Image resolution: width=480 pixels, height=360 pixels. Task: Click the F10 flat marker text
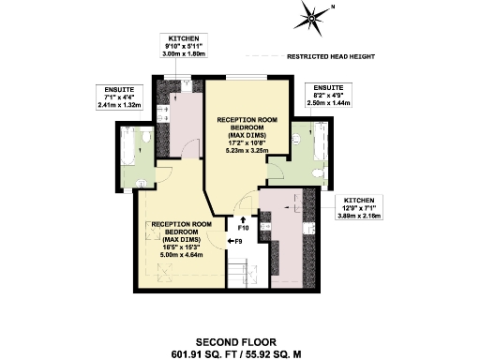pos(243,228)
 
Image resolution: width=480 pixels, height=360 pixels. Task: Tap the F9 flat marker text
pos(238,242)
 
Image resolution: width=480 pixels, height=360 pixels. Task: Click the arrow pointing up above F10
pos(243,217)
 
